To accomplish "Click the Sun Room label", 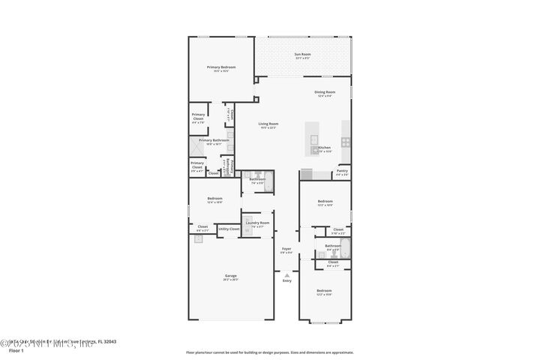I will [x=302, y=54].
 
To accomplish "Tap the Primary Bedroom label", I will [x=220, y=67].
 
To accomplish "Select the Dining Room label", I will [x=325, y=91].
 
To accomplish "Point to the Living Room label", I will [x=268, y=124].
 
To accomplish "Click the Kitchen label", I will [x=324, y=148].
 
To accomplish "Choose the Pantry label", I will [x=342, y=171].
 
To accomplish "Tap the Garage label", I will [x=230, y=276].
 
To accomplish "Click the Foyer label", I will [x=286, y=248].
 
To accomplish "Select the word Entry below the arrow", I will [x=286, y=280].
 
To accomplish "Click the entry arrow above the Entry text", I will [x=286, y=274].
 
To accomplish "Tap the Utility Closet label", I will [x=229, y=228].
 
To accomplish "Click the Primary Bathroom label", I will [x=214, y=140].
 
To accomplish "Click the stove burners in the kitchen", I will [x=345, y=141].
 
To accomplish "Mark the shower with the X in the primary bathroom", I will [x=192, y=146].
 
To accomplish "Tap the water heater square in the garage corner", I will [x=198, y=238].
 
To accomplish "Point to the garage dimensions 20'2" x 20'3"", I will [x=230, y=280].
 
